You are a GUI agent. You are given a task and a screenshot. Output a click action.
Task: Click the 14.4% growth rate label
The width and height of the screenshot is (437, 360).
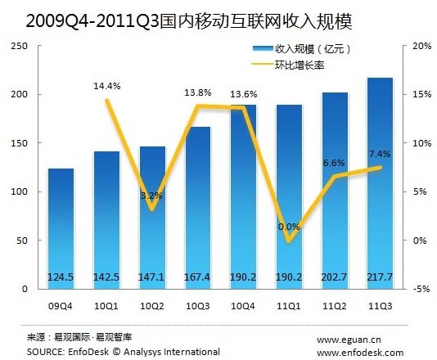click(106, 84)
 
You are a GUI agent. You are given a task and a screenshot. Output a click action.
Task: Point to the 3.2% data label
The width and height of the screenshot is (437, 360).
click(151, 196)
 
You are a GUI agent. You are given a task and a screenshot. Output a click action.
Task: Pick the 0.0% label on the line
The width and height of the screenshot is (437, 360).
click(289, 227)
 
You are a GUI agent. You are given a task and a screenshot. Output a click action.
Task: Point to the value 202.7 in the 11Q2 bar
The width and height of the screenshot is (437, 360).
click(335, 277)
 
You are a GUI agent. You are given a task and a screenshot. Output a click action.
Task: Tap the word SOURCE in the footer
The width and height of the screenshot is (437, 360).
click(48, 352)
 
